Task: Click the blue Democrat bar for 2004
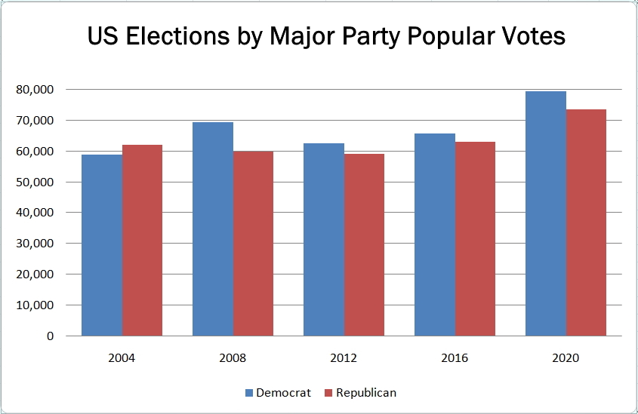[x=102, y=245]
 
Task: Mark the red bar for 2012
[x=364, y=244]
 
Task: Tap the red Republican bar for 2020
[x=586, y=222]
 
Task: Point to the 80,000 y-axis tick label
[x=35, y=90]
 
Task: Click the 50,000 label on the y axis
[x=35, y=182]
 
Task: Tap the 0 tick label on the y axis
[x=50, y=336]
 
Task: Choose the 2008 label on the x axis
[x=233, y=357]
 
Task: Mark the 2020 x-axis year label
[x=566, y=357]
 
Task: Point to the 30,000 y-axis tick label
[x=35, y=244]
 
